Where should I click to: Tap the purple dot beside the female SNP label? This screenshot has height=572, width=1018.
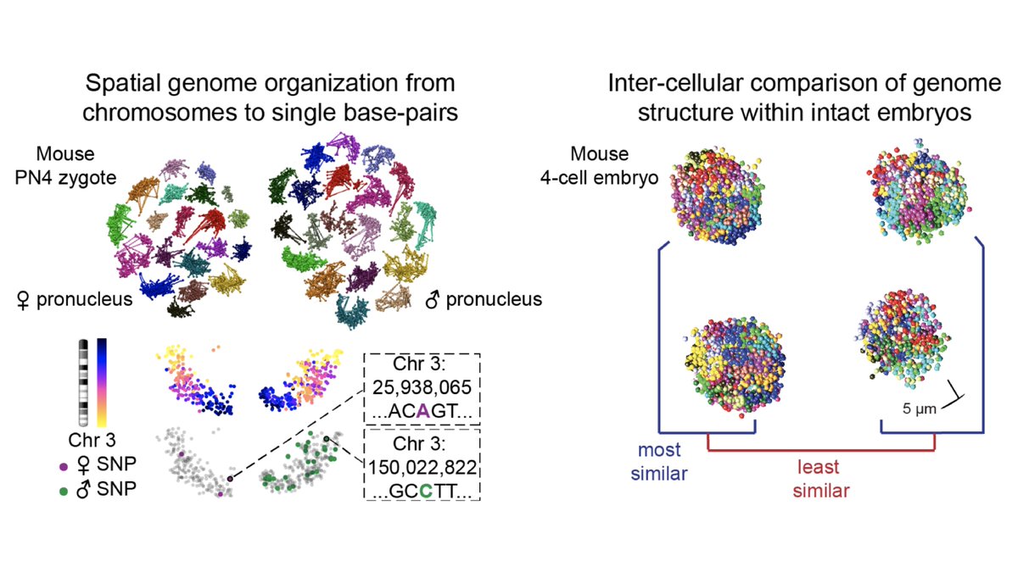(x=64, y=465)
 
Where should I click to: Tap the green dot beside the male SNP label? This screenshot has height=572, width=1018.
(x=64, y=489)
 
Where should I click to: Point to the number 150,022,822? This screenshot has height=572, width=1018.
(x=421, y=467)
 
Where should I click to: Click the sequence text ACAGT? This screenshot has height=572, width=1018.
(x=421, y=413)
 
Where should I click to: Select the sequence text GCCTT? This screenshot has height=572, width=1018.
(x=421, y=490)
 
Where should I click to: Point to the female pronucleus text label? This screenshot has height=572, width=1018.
(x=76, y=298)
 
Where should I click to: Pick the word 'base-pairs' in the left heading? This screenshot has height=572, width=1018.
(x=411, y=113)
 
